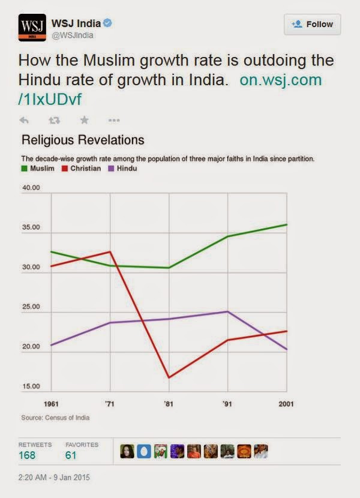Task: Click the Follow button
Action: point(313,24)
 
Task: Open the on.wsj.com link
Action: point(280,80)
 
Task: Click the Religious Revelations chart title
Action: point(83,140)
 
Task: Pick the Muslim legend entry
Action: point(39,169)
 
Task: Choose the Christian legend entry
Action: point(82,169)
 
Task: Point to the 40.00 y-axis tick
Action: point(31,188)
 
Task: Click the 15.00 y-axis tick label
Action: point(31,386)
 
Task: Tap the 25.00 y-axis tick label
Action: point(31,307)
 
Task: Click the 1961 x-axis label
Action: point(51,404)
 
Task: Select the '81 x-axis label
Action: point(169,404)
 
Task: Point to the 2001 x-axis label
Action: point(286,404)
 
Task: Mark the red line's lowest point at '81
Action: point(169,377)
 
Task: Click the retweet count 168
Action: point(27,455)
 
